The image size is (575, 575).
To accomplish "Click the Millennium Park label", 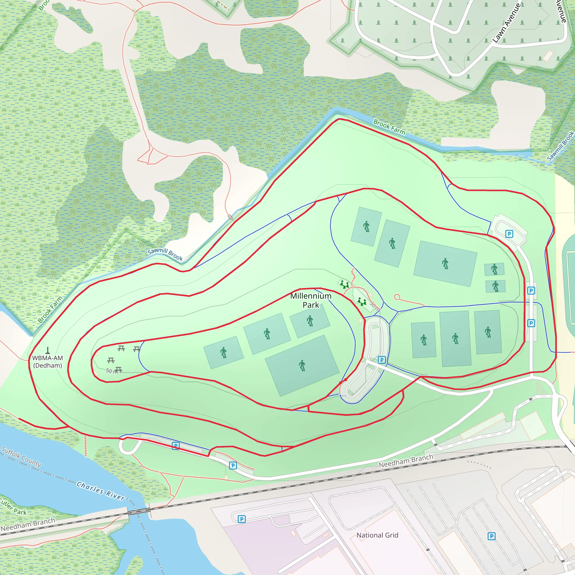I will (311, 300).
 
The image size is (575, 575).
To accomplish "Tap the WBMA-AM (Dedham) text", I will (48, 362).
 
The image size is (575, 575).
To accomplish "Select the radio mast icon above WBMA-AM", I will (48, 350).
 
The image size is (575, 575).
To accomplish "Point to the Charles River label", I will (100, 491).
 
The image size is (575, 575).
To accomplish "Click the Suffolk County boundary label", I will (21, 457).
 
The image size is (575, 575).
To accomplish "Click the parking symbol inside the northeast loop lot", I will (509, 234).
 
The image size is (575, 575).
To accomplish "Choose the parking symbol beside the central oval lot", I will (382, 360).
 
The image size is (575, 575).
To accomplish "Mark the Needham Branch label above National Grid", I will (406, 460).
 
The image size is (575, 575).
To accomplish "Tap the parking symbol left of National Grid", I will (242, 519).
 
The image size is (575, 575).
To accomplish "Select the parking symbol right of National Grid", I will (491, 536).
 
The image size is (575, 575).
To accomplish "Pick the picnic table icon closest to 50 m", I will (119, 370).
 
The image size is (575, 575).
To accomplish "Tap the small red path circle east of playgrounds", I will (397, 297).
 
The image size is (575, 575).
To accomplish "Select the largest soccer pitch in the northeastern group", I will (445, 264).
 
